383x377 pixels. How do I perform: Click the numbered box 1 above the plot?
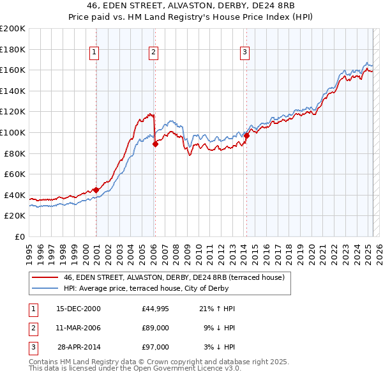pyautogui.click(x=94, y=52)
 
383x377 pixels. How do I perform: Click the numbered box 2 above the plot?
pyautogui.click(x=154, y=52)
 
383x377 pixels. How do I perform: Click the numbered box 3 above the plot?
pyautogui.click(x=245, y=52)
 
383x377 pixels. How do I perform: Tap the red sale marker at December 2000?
pyautogui.click(x=96, y=190)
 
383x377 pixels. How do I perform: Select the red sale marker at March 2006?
pyautogui.click(x=155, y=144)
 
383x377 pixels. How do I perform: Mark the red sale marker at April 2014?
pyautogui.click(x=246, y=135)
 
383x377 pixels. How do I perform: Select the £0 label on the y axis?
pyautogui.click(x=19, y=236)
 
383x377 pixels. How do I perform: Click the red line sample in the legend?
pyautogui.click(x=45, y=277)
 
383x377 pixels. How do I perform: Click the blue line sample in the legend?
pyautogui.click(x=45, y=288)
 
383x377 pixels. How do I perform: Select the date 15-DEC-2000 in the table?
pyautogui.click(x=79, y=309)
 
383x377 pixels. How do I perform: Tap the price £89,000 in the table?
pyautogui.click(x=156, y=328)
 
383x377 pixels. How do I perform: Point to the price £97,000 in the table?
pyautogui.click(x=156, y=347)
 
